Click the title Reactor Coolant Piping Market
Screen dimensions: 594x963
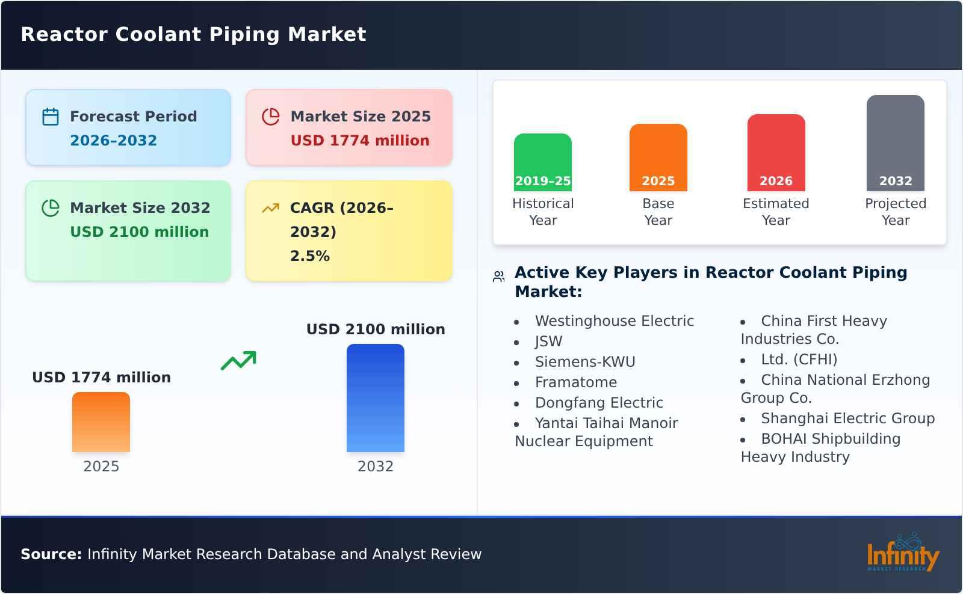point(193,34)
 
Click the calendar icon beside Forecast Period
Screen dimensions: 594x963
point(51,117)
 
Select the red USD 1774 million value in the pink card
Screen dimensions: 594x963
point(360,141)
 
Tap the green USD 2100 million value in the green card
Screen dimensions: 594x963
point(139,232)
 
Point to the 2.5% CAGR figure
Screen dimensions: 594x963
point(309,256)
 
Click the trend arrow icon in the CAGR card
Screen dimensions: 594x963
point(270,208)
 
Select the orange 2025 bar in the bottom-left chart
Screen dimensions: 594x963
point(101,422)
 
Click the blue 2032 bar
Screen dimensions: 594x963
point(375,398)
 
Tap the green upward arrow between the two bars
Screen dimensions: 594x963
point(238,361)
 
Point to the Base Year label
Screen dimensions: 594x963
point(658,212)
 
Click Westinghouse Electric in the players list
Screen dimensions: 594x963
point(614,321)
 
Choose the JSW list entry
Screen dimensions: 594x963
point(548,341)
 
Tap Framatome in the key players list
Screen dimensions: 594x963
point(575,382)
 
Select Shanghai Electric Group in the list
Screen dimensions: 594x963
point(847,418)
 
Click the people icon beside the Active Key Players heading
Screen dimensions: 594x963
point(498,277)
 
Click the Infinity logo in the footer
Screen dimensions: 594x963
point(902,553)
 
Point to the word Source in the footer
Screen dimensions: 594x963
point(51,554)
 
